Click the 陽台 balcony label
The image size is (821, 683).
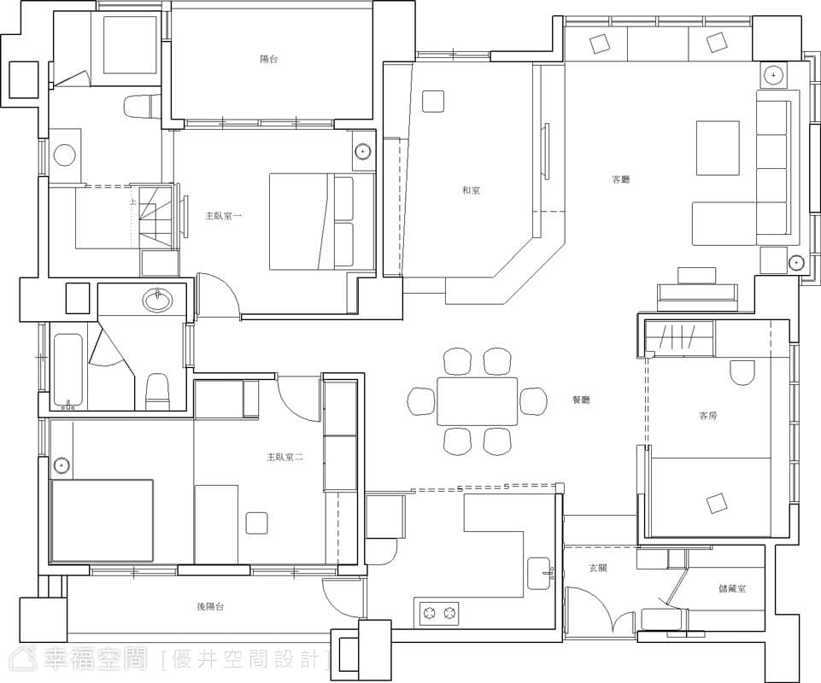point(268,59)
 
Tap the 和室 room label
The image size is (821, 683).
point(471,190)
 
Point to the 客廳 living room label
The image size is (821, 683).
point(620,179)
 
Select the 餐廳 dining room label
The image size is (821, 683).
point(581,400)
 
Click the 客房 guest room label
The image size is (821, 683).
point(708,416)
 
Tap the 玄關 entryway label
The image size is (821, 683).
point(598,568)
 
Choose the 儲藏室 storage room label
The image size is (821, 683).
point(732,589)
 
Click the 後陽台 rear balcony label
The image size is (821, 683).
point(210,606)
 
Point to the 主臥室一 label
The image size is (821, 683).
point(224,215)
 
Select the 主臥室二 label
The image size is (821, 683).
point(285,457)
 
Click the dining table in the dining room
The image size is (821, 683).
point(477,401)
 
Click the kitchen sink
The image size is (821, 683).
point(539,573)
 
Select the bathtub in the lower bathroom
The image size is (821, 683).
point(68,371)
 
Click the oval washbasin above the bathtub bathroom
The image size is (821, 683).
point(157,301)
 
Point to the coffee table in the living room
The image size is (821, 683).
point(718,148)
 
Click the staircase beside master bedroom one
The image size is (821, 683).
point(155,217)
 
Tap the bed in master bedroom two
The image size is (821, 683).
point(102,520)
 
